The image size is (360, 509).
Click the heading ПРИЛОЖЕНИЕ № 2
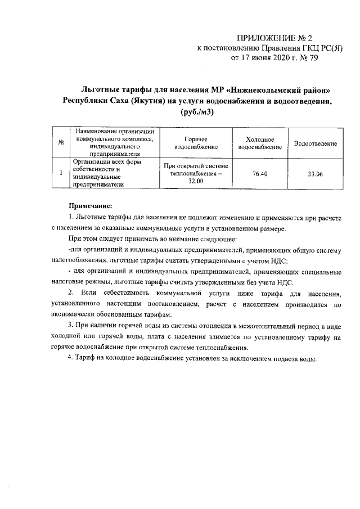pos(274,38)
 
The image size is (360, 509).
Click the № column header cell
pos(60,143)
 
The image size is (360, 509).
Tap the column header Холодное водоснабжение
pos(260,143)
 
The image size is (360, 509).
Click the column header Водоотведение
pos(316,143)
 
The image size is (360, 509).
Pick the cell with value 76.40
pos(260,174)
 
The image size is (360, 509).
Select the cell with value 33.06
pos(316,174)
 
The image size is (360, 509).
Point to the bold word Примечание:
pos(91,205)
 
